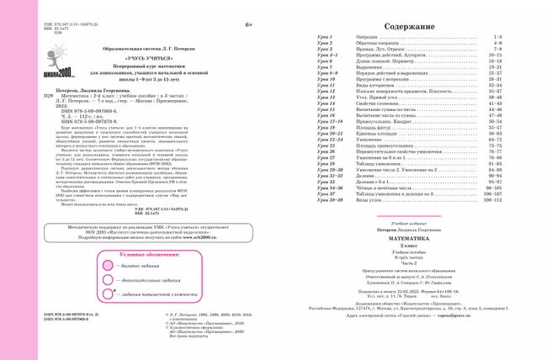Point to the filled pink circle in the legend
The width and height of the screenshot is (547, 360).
pos(105,263)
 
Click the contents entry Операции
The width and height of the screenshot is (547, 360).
pos(368,38)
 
